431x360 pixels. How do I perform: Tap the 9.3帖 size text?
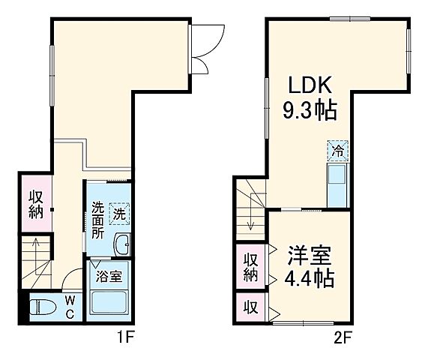[x=308, y=111]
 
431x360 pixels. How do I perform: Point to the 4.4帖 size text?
[x=308, y=278]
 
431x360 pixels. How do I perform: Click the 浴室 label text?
[x=110, y=275]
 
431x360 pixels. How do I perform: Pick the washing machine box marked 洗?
[x=118, y=214]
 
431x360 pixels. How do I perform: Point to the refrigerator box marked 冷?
[x=337, y=150]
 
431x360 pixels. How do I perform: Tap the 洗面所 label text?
[x=98, y=220]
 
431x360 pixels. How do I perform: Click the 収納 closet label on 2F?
[x=250, y=268]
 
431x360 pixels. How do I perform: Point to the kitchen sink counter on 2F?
[x=337, y=184]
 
